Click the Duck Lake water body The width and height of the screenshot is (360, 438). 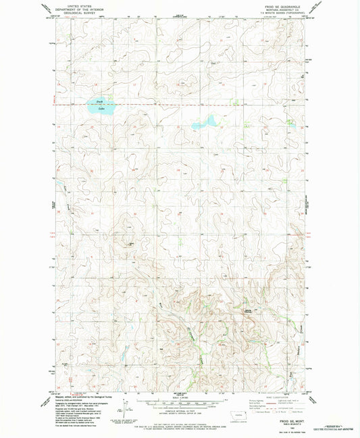click(99, 105)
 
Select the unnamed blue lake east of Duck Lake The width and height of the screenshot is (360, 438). click(203, 124)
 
